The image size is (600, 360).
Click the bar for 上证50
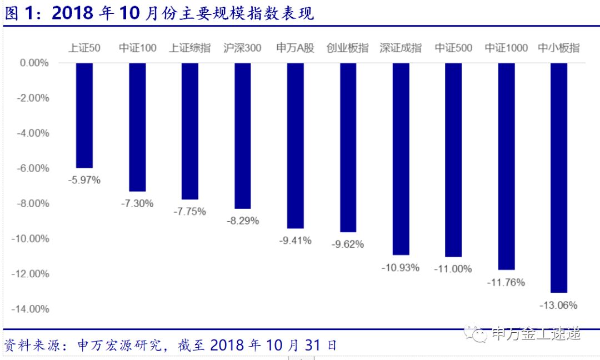click(84, 115)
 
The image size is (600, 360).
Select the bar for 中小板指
click(558, 177)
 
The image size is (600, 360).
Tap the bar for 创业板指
click(348, 147)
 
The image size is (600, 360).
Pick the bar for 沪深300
click(243, 136)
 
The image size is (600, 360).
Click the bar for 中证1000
click(506, 166)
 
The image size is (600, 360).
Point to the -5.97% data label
click(84, 180)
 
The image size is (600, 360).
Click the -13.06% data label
click(558, 305)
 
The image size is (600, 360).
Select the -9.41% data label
click(295, 241)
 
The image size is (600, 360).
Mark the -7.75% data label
click(189, 212)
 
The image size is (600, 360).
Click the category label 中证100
click(137, 48)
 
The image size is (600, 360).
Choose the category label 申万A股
click(295, 48)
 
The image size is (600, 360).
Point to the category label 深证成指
click(401, 48)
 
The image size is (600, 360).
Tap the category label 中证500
click(453, 48)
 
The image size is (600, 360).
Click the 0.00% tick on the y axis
click(34, 63)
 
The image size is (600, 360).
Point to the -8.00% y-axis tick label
click(33, 203)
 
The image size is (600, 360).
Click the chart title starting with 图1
click(159, 14)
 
